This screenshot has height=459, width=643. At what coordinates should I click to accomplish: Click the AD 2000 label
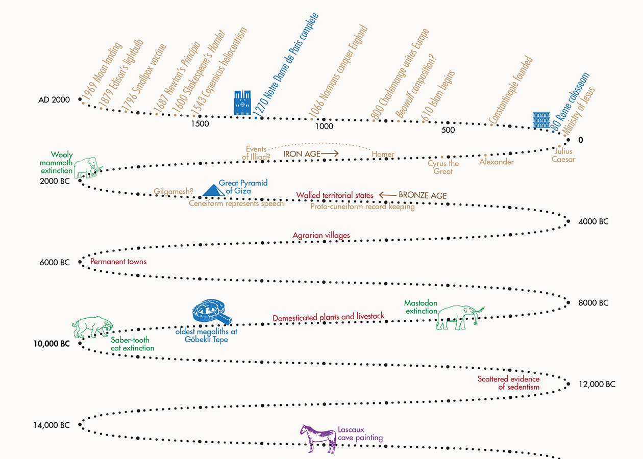(54, 100)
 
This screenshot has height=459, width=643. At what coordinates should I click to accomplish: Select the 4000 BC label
(593, 222)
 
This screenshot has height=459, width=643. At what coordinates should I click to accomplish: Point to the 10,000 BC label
(52, 344)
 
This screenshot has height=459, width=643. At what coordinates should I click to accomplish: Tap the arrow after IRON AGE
(330, 153)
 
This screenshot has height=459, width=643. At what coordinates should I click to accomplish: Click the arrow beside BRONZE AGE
(387, 195)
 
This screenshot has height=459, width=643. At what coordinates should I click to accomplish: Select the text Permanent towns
(118, 262)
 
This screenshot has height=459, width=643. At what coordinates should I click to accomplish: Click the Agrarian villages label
(321, 235)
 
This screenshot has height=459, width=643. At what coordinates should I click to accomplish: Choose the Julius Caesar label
(563, 156)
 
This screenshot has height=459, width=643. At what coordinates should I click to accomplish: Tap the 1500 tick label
(200, 123)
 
